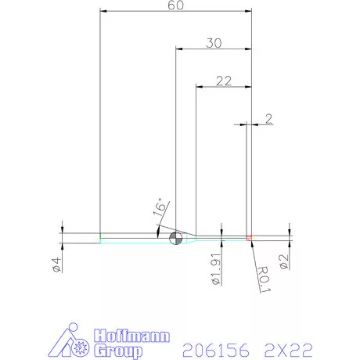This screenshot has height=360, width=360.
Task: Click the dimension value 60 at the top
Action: [x=176, y=6]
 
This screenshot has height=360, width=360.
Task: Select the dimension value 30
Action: [x=213, y=43]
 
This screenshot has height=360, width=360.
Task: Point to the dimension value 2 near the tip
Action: [x=268, y=119]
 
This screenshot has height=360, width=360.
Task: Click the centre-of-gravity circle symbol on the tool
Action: [x=175, y=236]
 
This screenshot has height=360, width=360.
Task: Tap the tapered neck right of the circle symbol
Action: [x=189, y=236]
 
